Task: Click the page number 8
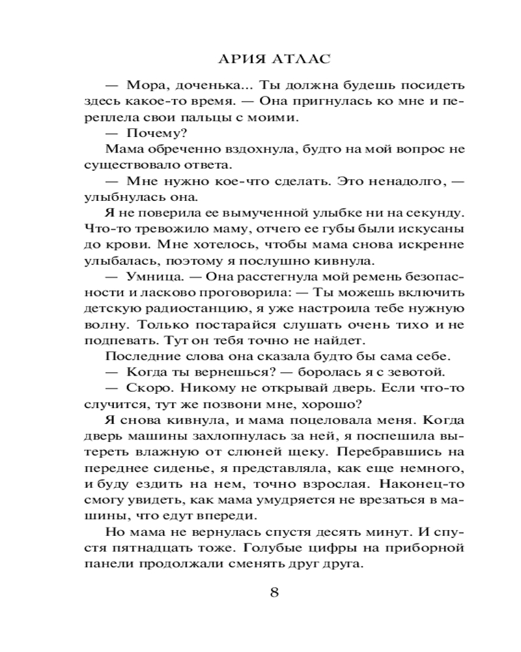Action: pos(274,592)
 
